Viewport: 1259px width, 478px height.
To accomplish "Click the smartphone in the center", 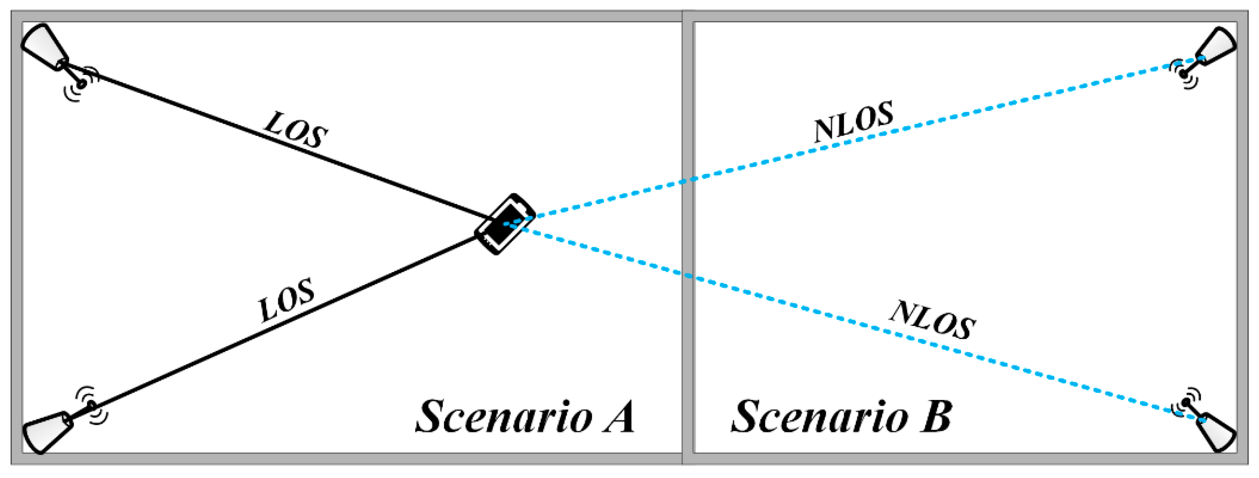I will (505, 225).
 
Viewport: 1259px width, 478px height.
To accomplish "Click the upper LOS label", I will (296, 130).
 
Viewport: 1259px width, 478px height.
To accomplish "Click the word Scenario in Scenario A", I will (503, 417).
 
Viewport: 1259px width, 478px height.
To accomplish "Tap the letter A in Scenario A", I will (618, 417).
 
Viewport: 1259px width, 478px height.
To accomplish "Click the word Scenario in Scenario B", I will (819, 417).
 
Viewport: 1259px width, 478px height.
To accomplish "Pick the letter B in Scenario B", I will (936, 417).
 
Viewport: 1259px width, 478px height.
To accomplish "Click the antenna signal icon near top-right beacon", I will (1183, 74).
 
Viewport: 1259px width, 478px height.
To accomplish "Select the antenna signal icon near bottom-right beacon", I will (1185, 403).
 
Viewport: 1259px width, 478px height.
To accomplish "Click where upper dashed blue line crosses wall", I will (687, 181).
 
